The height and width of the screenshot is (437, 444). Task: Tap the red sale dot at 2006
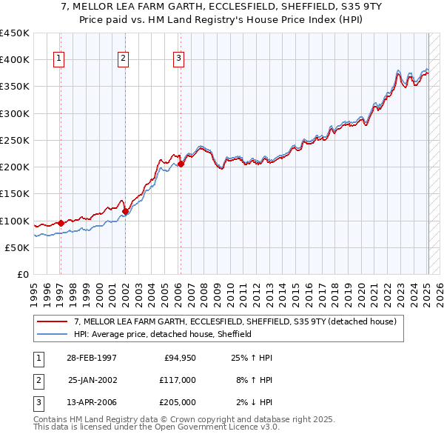[x=181, y=164]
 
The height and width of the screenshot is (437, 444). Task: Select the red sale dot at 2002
[x=125, y=211]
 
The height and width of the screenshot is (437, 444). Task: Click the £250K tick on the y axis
[x=15, y=140]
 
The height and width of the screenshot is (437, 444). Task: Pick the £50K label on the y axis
[x=18, y=247]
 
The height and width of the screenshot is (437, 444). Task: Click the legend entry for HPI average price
[x=163, y=334]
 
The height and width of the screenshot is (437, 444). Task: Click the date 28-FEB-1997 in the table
[x=91, y=358]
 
